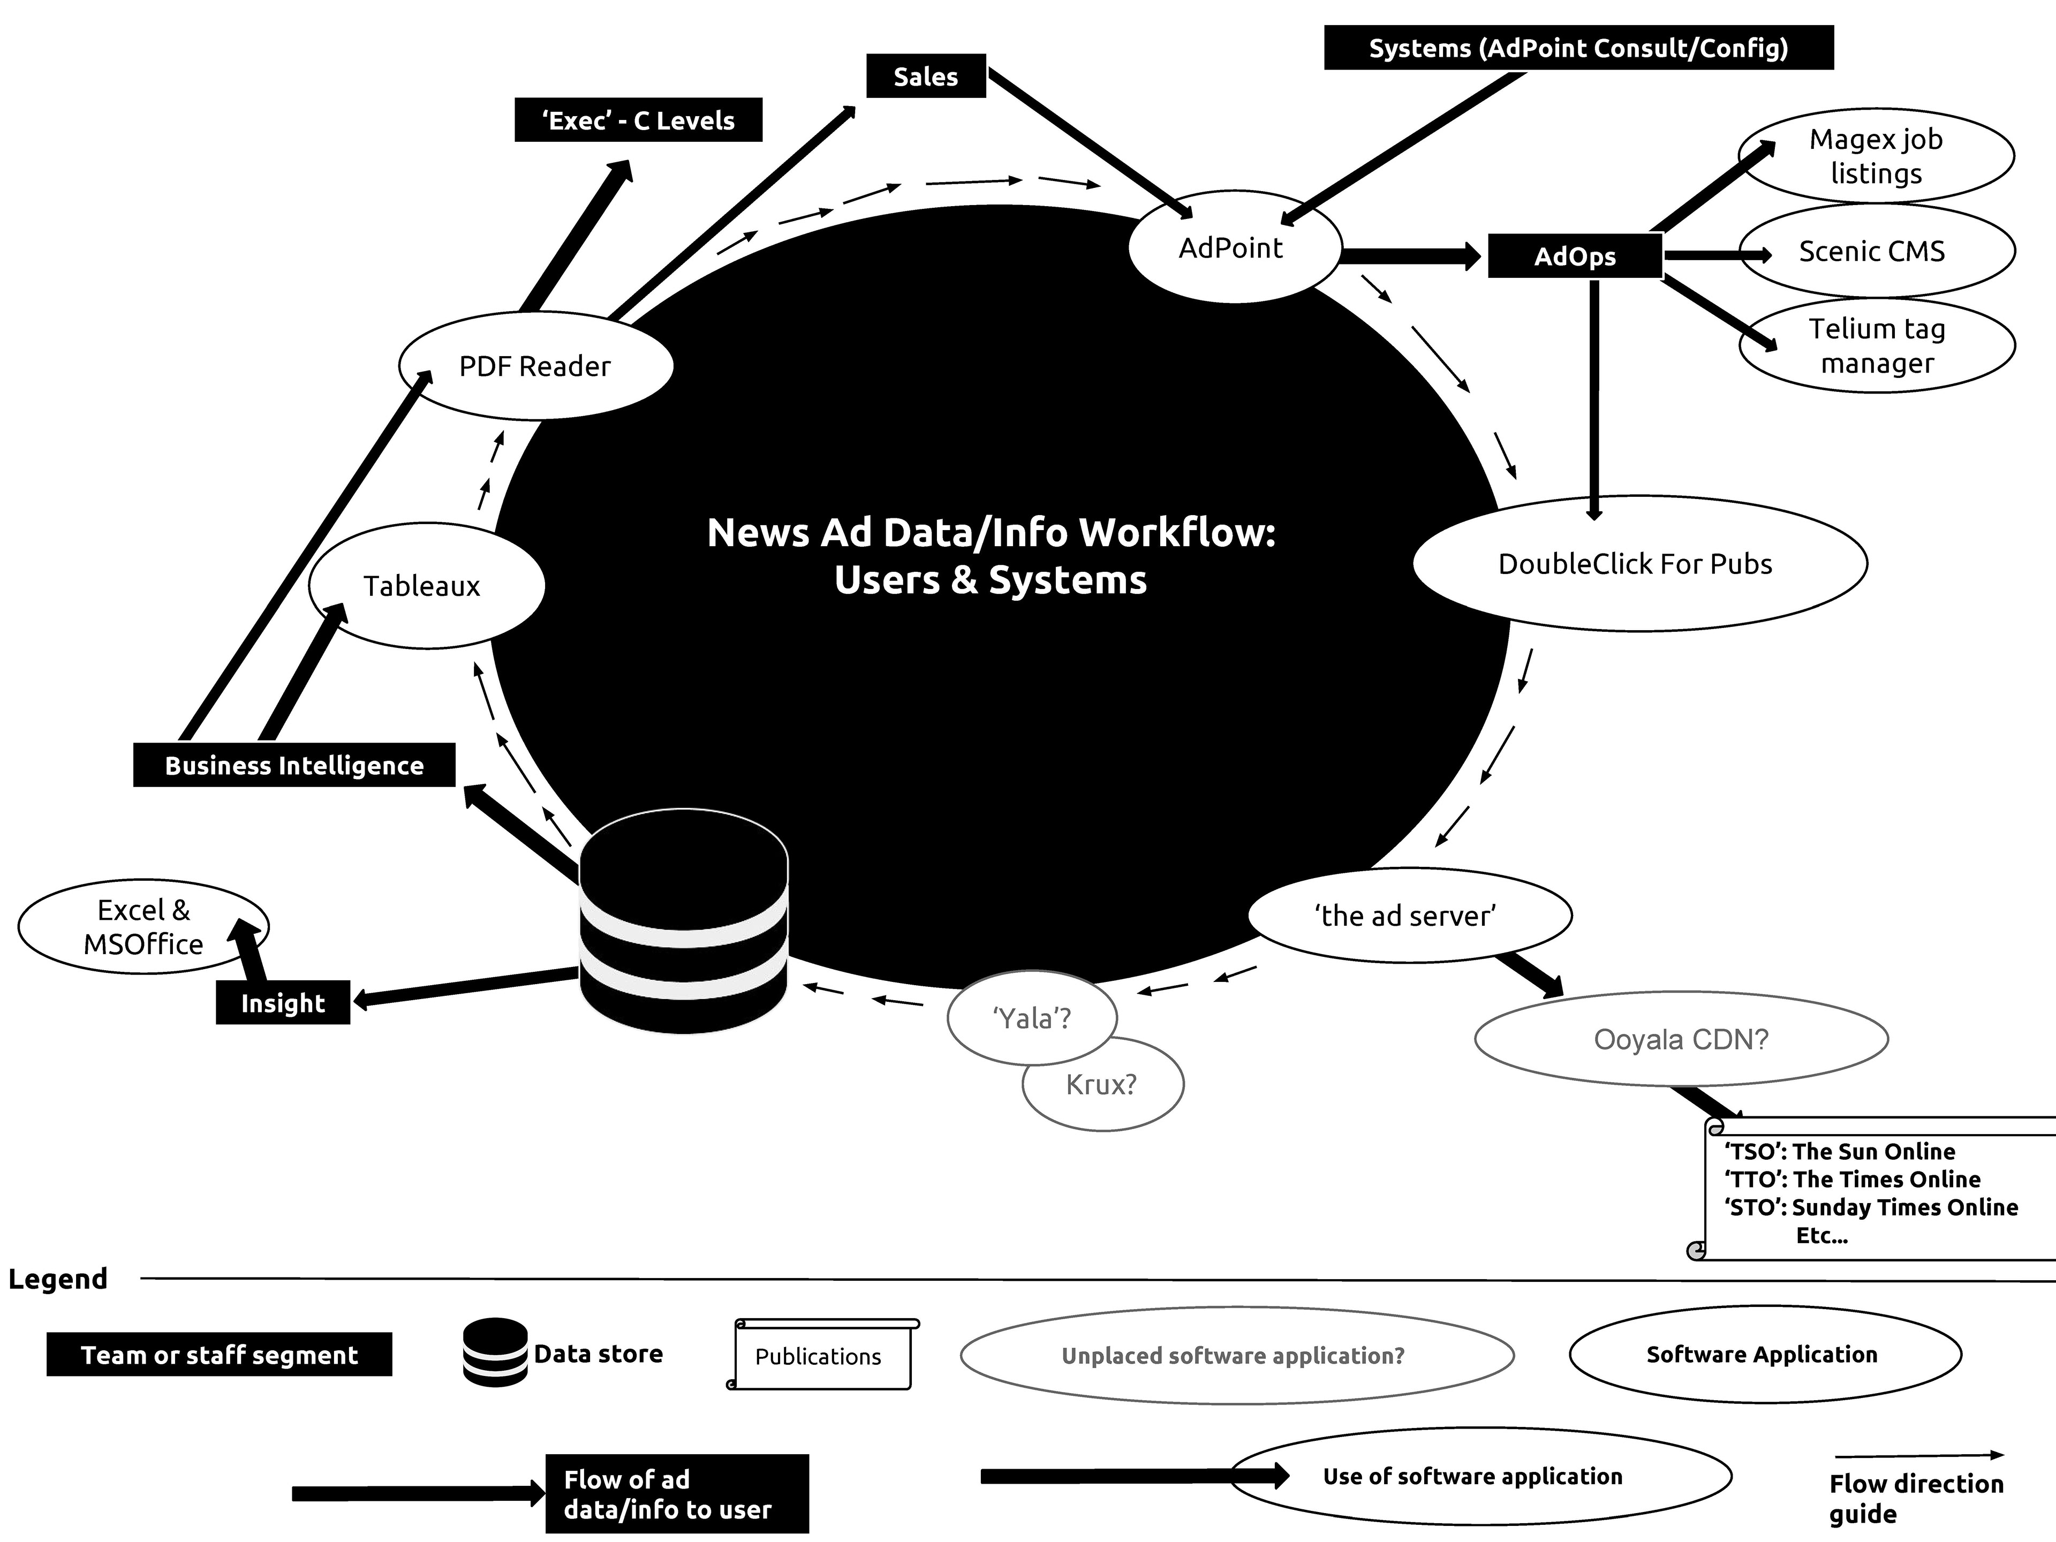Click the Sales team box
click(926, 76)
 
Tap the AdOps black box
click(1575, 256)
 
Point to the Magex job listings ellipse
click(1876, 156)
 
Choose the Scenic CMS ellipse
click(1876, 251)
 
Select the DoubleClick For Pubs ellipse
click(1639, 563)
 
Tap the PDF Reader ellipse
click(535, 365)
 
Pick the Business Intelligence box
click(294, 765)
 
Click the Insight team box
click(283, 1003)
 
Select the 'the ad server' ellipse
click(1408, 916)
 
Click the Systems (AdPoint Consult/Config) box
click(1578, 48)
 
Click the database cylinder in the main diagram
click(683, 920)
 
